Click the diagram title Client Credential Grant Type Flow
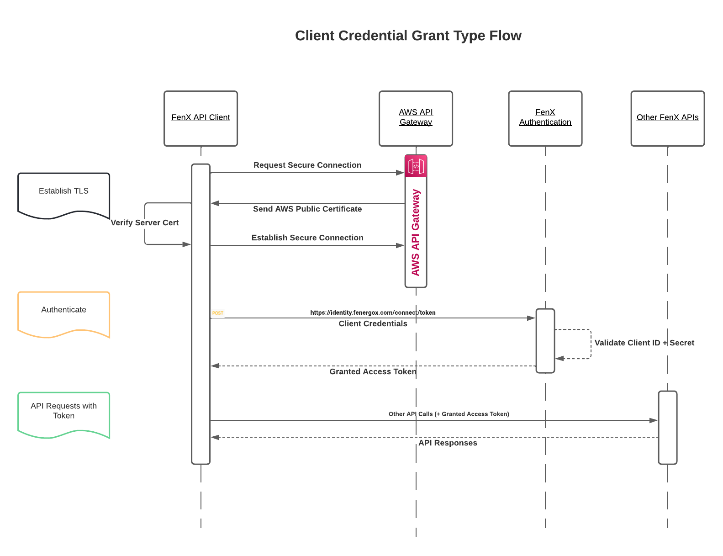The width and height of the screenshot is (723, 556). click(408, 36)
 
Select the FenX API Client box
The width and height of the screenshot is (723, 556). click(201, 118)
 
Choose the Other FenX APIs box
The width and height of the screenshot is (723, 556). click(667, 118)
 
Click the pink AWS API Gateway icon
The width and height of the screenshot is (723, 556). click(416, 166)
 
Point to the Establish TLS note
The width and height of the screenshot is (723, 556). click(63, 191)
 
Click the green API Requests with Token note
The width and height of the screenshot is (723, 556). click(63, 411)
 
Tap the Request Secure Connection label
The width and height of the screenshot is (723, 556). click(307, 165)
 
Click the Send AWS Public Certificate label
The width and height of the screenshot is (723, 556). click(307, 209)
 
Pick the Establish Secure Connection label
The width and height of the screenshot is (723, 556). click(307, 238)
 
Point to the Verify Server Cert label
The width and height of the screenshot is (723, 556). click(145, 223)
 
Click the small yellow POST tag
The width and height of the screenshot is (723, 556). click(218, 313)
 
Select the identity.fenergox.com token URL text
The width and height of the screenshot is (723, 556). click(373, 313)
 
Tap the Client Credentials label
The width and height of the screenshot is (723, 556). click(373, 324)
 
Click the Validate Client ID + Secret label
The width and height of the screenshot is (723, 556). click(644, 343)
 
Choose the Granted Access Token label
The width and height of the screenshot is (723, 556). click(373, 372)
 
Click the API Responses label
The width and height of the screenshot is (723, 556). click(448, 443)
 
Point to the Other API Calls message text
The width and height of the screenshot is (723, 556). click(449, 414)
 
